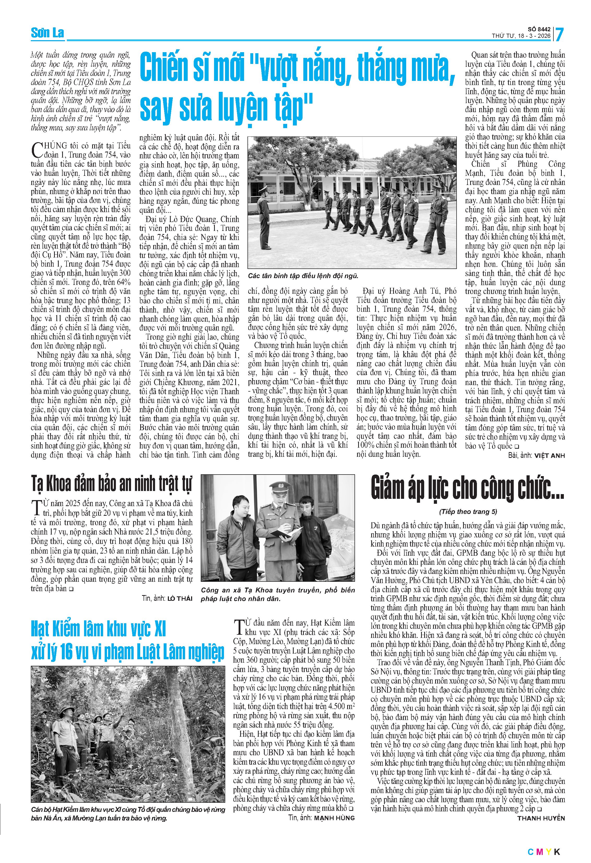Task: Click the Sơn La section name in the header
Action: [x=47, y=33]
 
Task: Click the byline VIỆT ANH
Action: [x=549, y=456]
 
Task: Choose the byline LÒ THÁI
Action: [x=180, y=598]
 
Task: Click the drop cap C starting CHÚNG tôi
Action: [x=37, y=150]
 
